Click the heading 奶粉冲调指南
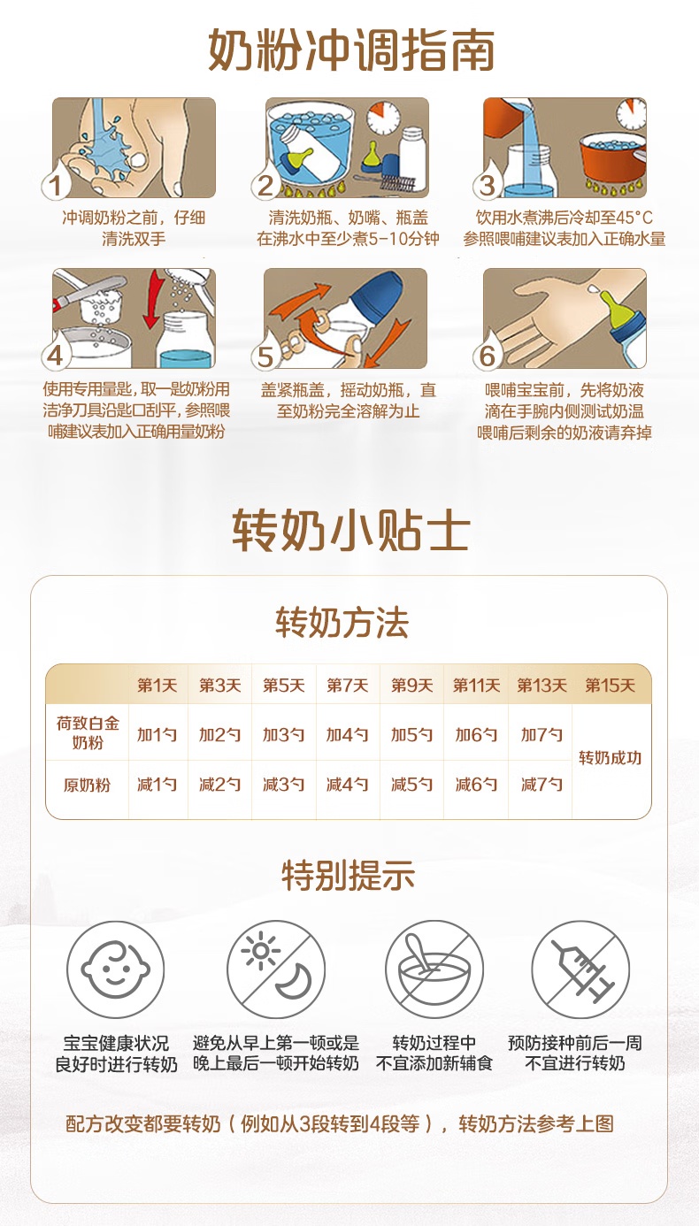click(x=351, y=50)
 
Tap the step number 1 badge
click(x=55, y=186)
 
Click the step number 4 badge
click(x=55, y=356)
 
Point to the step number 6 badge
click(x=487, y=356)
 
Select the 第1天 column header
click(x=157, y=685)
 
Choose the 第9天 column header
click(x=411, y=685)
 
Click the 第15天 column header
click(x=611, y=685)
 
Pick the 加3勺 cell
click(x=283, y=734)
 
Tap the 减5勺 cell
click(x=411, y=784)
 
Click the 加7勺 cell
click(x=542, y=734)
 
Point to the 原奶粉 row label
click(x=87, y=785)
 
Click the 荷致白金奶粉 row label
click(x=88, y=733)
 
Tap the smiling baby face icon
click(x=116, y=969)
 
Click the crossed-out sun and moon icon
click(x=276, y=969)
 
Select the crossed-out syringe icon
click(x=580, y=969)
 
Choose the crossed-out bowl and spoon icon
click(x=434, y=969)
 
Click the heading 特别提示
click(x=348, y=875)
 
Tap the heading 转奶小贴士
click(x=351, y=530)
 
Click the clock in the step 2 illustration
click(x=382, y=117)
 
